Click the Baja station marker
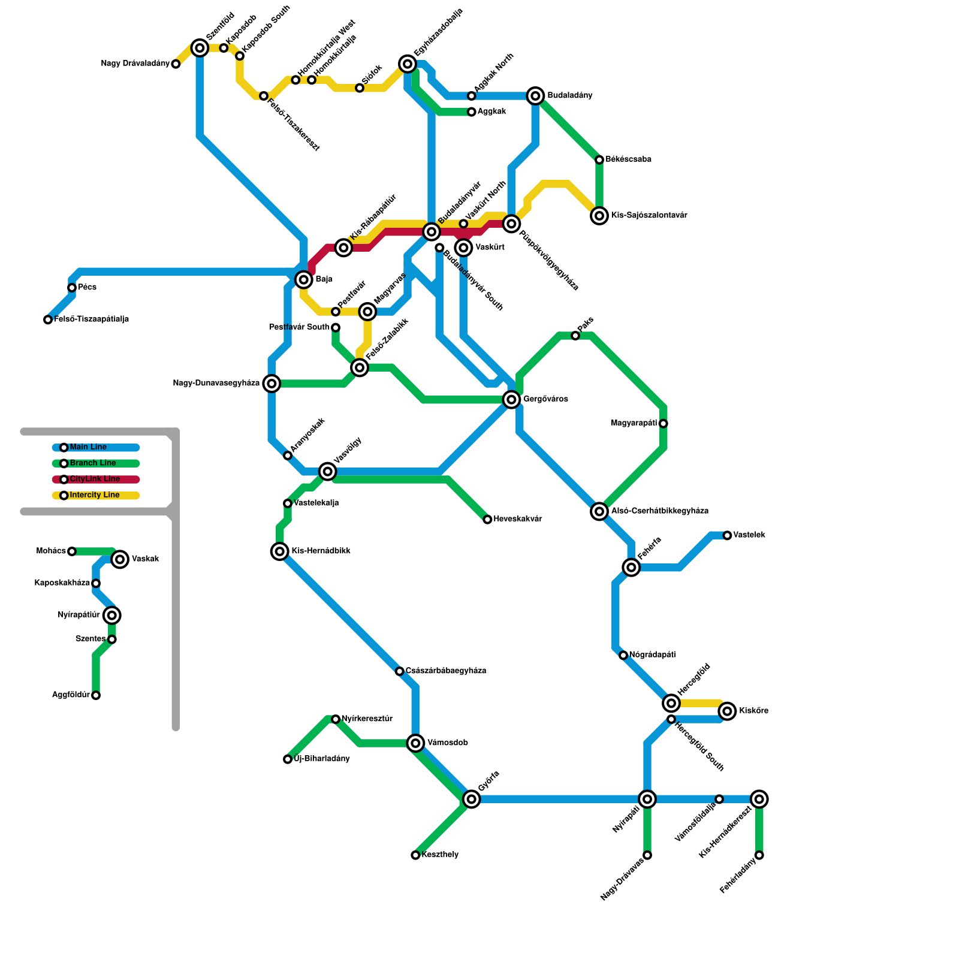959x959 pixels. coord(304,279)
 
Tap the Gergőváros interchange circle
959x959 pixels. coord(511,399)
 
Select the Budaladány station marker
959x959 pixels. coord(536,96)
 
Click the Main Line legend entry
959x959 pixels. coord(88,447)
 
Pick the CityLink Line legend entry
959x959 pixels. coord(95,479)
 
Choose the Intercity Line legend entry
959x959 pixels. coord(95,495)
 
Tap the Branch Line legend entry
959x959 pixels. coord(93,463)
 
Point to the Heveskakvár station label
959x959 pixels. coord(518,519)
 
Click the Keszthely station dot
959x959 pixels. coord(415,855)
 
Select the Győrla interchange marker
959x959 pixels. coord(472,799)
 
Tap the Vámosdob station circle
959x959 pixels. coord(415,743)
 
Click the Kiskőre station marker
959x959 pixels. coord(727,711)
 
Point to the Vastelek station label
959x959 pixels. coord(749,535)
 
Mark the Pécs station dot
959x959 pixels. coord(72,288)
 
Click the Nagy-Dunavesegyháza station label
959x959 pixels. coord(216,384)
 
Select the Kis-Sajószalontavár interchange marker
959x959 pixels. coord(599,216)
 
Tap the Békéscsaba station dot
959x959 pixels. coord(599,159)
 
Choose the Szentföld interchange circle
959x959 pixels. coord(200,48)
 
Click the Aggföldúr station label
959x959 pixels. coord(71,695)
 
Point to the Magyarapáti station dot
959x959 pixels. coord(664,424)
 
